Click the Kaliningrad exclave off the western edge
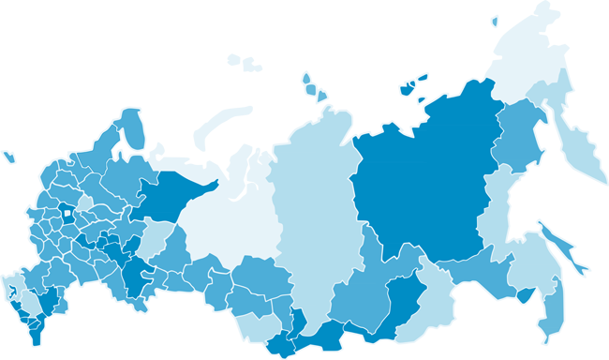point(9,157)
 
